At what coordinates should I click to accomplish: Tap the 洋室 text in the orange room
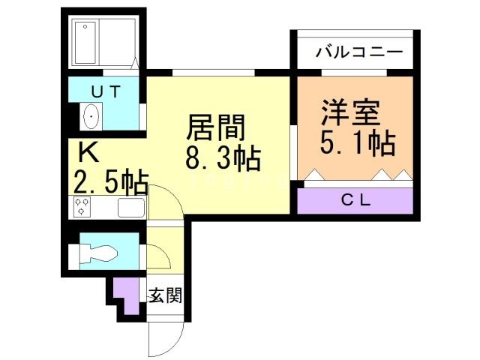[x=350, y=112]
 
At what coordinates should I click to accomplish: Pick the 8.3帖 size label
[x=223, y=158]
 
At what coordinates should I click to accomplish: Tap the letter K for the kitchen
[x=88, y=152]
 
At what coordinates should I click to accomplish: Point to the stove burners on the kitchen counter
[x=80, y=207]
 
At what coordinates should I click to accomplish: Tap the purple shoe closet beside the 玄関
[x=127, y=295]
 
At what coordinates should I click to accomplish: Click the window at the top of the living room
[x=214, y=72]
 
